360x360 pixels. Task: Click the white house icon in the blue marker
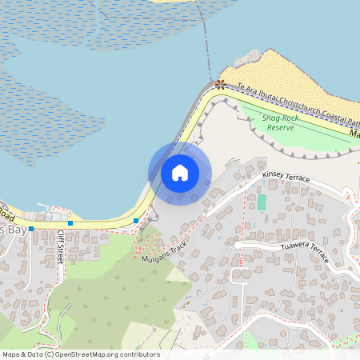pyautogui.click(x=180, y=172)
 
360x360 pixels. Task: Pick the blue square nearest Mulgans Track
pyautogui.click(x=137, y=220)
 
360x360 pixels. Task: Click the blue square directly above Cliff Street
pyautogui.click(x=70, y=223)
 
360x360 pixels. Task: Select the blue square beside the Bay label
pyautogui.click(x=31, y=229)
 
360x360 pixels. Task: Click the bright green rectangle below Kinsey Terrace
pyautogui.click(x=262, y=202)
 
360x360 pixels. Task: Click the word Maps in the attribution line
pyautogui.click(x=11, y=354)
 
